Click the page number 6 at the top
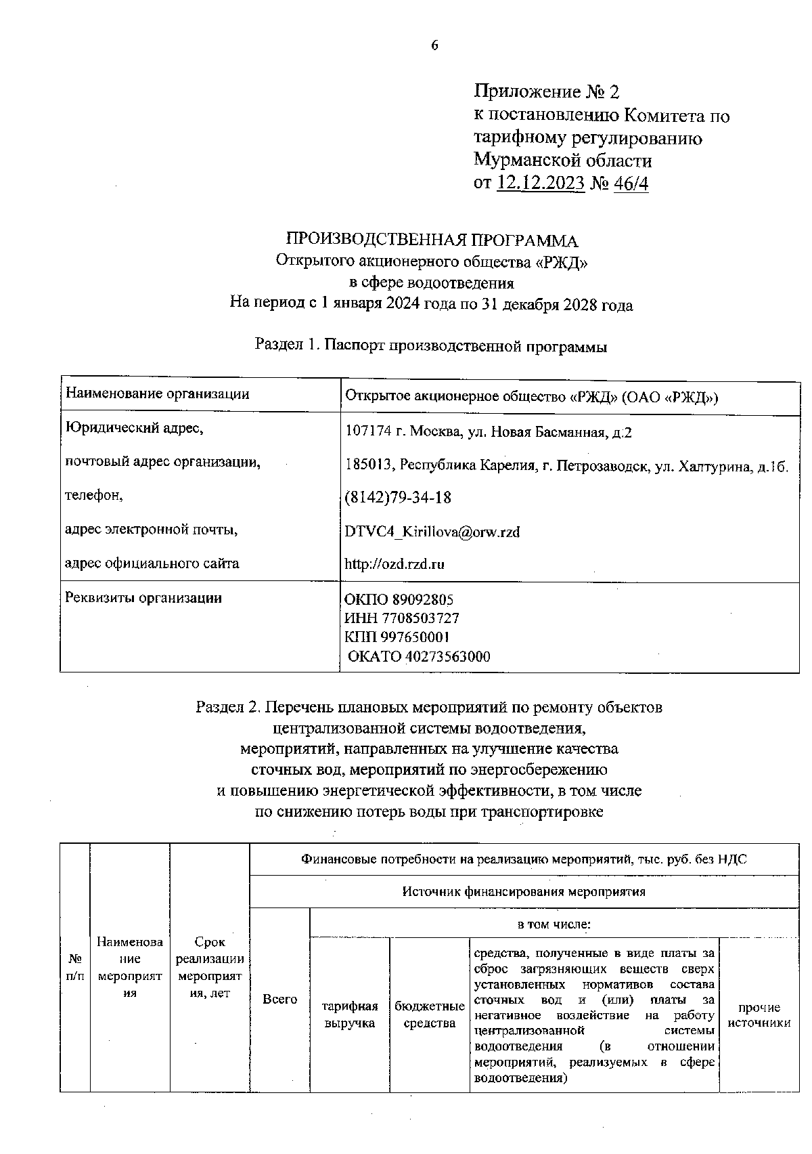(434, 45)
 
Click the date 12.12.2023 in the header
(541, 183)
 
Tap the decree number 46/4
(631, 183)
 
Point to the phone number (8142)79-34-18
(398, 497)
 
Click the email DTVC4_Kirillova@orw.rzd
(432, 532)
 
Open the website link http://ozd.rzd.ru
(394, 563)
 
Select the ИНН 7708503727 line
(402, 618)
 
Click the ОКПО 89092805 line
(399, 599)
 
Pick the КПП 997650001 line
(397, 637)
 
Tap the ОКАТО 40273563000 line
(419, 656)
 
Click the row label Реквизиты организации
(143, 597)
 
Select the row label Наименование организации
(157, 393)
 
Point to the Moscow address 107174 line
(489, 432)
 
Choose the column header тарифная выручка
(350, 1014)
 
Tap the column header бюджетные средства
(430, 1014)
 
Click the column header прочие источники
(759, 1014)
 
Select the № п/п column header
(76, 966)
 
